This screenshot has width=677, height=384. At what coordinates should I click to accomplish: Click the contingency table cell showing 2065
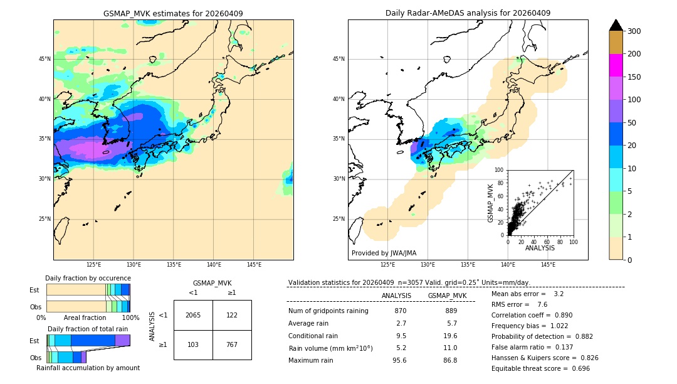(193, 315)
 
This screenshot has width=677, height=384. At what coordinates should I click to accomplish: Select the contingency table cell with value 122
(232, 315)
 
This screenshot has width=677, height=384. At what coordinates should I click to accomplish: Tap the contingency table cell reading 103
(193, 344)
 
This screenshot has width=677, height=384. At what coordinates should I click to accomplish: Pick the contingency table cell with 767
(232, 344)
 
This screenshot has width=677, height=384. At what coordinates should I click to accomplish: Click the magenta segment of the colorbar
(616, 65)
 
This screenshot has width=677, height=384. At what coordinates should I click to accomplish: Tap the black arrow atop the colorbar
(616, 25)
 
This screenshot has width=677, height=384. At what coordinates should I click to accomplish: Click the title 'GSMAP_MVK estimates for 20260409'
(173, 13)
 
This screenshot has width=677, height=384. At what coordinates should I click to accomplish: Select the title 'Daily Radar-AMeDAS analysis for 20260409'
(468, 13)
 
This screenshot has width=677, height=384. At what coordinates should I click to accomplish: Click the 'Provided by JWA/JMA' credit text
(384, 253)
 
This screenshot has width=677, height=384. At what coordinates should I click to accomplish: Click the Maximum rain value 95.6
(401, 360)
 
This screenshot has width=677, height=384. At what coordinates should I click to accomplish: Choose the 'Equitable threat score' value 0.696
(577, 368)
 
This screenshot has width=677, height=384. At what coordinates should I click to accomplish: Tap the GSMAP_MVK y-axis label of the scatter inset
(491, 203)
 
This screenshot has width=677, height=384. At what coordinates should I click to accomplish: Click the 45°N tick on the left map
(45, 59)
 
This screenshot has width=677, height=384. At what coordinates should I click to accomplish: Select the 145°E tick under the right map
(548, 265)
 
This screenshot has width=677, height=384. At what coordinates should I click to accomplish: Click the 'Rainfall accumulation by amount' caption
(88, 368)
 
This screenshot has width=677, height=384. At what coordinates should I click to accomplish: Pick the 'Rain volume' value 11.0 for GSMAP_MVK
(451, 348)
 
